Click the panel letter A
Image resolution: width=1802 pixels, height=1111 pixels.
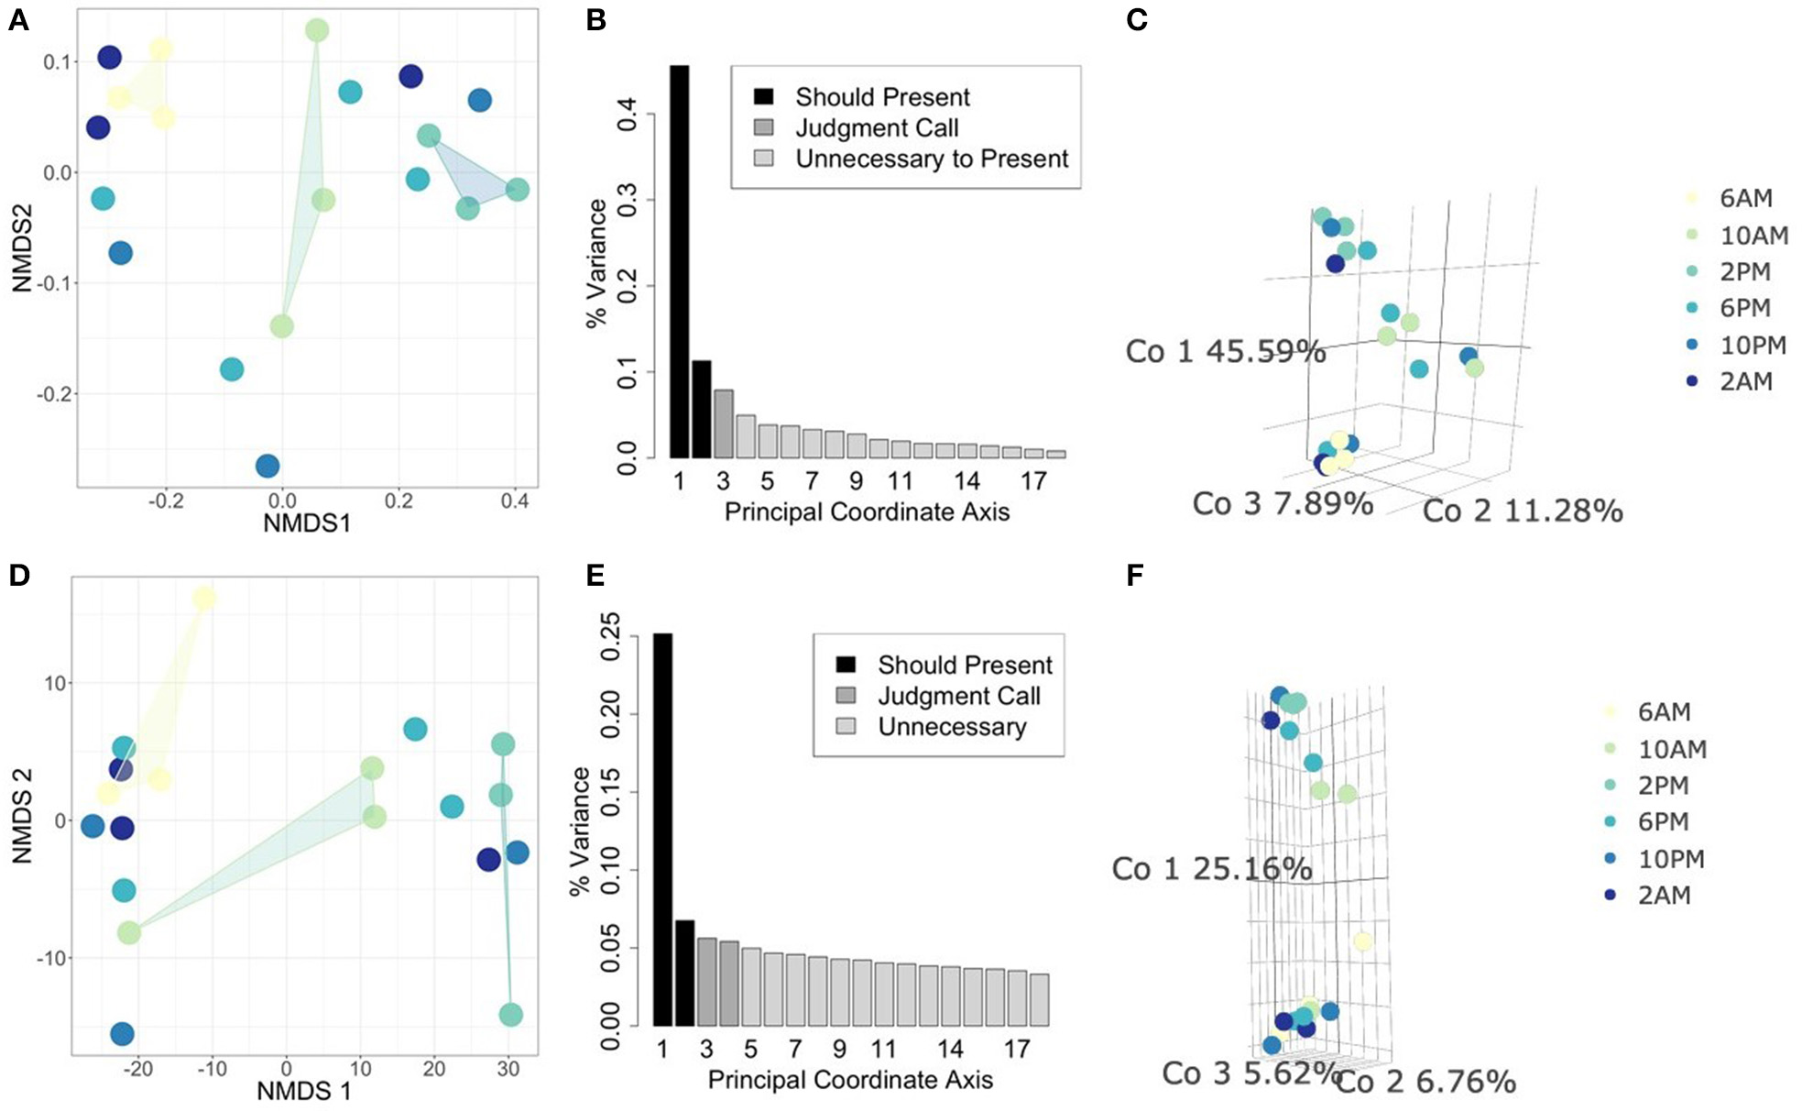point(18,20)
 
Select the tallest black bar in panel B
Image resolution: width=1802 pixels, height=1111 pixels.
point(679,261)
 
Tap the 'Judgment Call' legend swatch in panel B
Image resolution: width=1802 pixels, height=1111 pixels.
point(763,127)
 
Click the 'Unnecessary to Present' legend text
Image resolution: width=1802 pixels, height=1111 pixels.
point(931,159)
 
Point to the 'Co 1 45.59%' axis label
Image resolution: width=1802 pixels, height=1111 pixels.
point(1225,351)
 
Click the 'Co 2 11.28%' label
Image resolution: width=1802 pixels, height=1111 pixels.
point(1522,511)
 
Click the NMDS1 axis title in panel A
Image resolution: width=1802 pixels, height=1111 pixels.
point(306,522)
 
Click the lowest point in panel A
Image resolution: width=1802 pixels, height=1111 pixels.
point(268,466)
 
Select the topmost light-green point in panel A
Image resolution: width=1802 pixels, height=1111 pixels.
point(317,30)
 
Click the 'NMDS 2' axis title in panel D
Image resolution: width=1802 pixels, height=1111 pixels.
point(22,816)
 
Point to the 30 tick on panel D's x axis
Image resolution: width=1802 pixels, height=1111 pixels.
point(508,1069)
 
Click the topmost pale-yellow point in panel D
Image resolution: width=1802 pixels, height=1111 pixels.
point(204,599)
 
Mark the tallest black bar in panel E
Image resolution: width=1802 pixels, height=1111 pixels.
point(662,829)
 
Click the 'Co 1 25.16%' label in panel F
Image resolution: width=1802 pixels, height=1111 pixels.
point(1211,868)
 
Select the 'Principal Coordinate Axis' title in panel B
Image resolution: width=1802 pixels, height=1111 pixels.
point(867,511)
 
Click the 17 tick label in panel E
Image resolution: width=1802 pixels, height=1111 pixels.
point(1017,1050)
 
